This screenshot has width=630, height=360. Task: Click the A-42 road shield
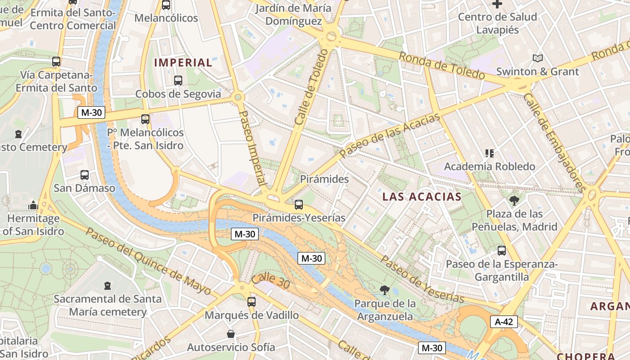504,322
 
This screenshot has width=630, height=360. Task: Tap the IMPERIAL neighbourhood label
183,63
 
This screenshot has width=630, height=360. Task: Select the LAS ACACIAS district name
422,197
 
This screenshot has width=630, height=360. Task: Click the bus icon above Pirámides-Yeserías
298,205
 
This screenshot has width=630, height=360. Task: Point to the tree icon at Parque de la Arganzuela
384,290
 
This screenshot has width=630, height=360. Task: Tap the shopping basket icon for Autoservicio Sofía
231,334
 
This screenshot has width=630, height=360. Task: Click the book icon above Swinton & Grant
537,58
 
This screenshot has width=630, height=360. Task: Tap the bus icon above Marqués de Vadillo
252,302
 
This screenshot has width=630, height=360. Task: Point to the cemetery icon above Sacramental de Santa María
107,286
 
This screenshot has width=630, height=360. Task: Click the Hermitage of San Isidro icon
33,206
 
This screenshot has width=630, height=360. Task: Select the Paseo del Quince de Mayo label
148,261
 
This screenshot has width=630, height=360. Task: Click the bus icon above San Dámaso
85,175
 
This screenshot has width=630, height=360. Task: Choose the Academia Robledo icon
489,153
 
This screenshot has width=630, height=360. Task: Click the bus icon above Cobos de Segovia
178,81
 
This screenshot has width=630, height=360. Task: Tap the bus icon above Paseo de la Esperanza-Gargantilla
502,251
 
